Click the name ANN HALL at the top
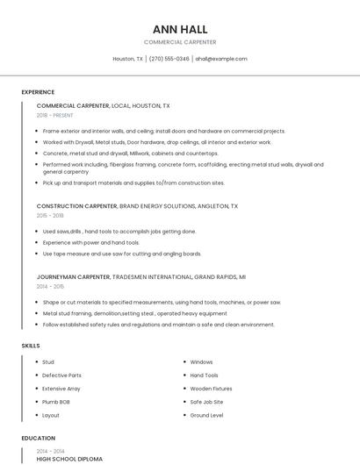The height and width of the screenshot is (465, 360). [x=180, y=29]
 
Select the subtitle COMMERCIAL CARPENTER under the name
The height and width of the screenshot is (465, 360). [x=180, y=42]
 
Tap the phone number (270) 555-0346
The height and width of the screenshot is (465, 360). [x=169, y=59]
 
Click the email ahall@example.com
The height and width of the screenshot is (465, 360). [x=221, y=59]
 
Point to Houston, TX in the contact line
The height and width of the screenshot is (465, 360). [x=128, y=59]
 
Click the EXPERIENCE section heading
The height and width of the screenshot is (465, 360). [x=38, y=92]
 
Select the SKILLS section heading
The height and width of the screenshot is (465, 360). [x=31, y=346]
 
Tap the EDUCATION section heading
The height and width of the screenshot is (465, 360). [x=38, y=438]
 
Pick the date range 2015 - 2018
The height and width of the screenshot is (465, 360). [x=50, y=215]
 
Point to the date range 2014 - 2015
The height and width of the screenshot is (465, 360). [x=50, y=286]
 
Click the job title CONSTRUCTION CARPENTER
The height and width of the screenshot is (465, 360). [x=77, y=206]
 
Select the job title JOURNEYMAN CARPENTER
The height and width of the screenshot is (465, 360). [x=74, y=277]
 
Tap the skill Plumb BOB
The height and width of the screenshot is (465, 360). [x=57, y=402]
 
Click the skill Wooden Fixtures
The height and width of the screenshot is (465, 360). [x=211, y=389]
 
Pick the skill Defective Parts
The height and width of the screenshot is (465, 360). [x=61, y=376]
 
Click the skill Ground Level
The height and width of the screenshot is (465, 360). [x=206, y=415]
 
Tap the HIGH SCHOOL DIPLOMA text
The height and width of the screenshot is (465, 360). [x=69, y=459]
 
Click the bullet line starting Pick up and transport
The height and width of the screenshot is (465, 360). [x=132, y=183]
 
